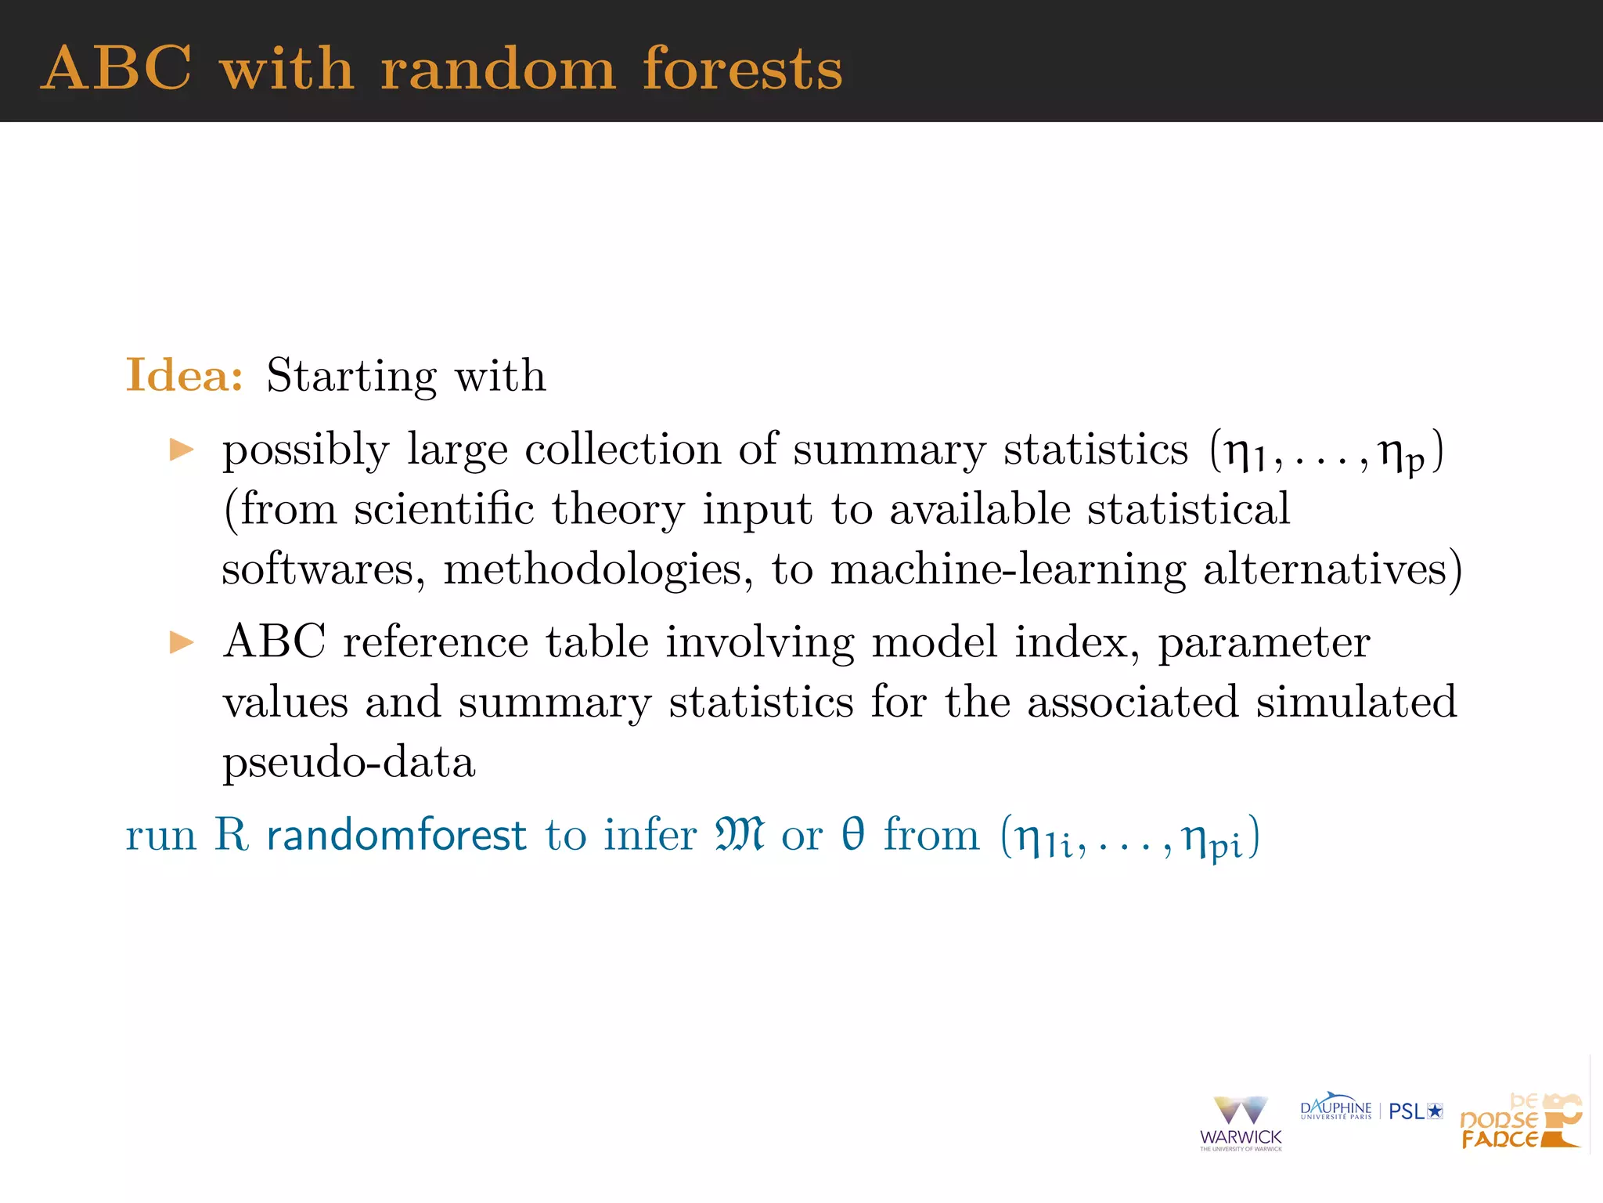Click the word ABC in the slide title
[117, 68]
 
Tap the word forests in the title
[742, 68]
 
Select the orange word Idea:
[185, 375]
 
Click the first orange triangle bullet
[182, 450]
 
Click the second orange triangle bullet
[182, 643]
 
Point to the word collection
[622, 450]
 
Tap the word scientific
[444, 510]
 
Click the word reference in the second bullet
[435, 643]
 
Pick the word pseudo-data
[349, 762]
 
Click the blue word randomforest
[396, 835]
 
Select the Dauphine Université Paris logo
[1335, 1107]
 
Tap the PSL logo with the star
[1415, 1111]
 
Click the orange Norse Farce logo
[1519, 1122]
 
